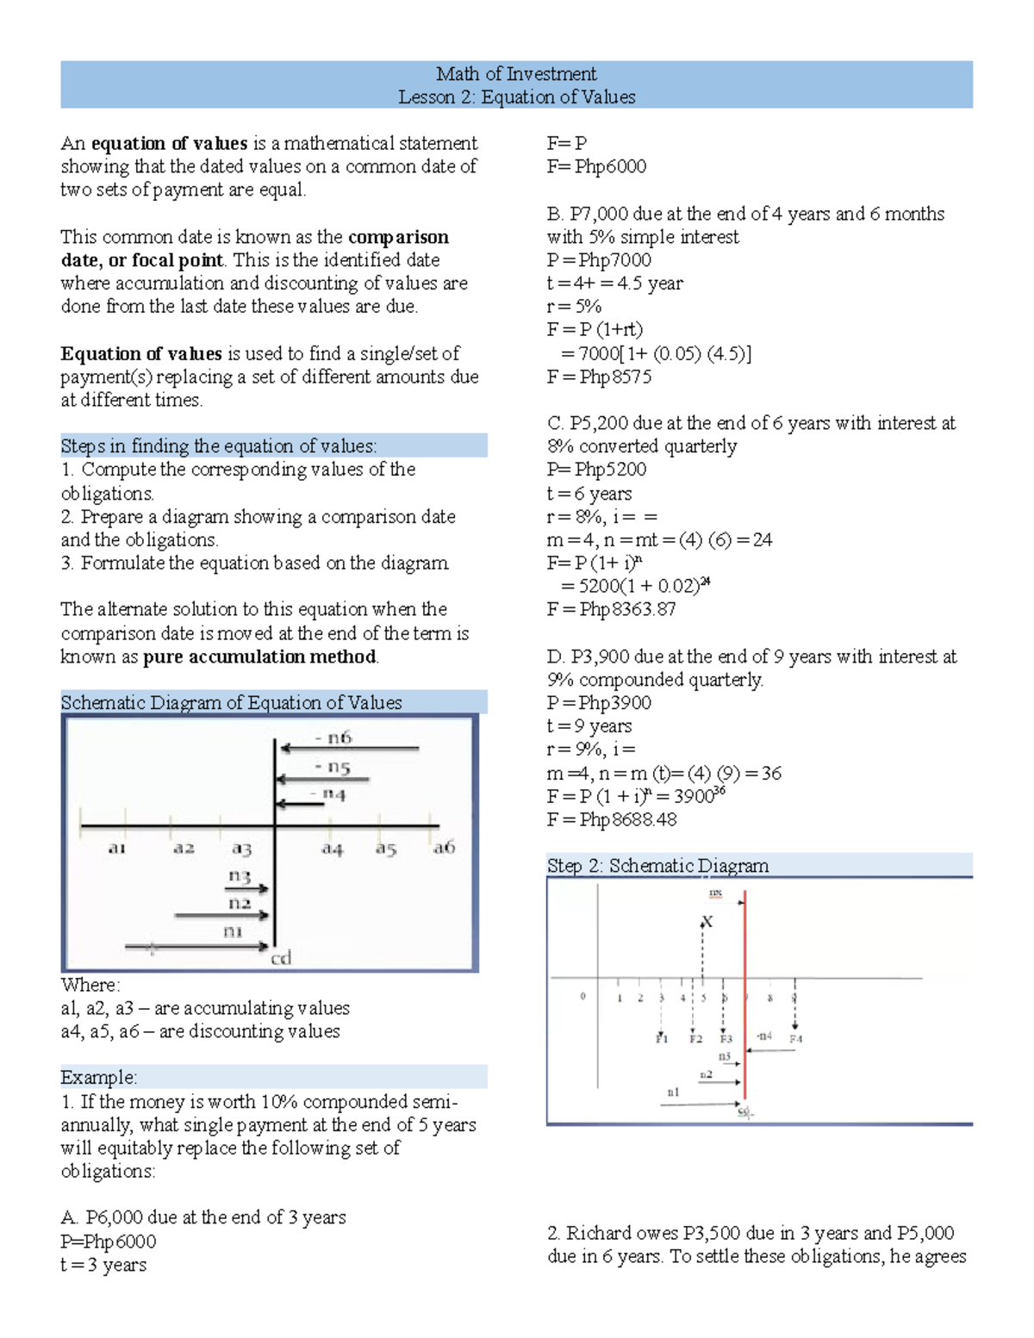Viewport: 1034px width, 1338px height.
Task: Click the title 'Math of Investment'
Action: pyautogui.click(x=515, y=74)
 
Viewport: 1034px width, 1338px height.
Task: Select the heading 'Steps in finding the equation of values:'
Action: pyautogui.click(x=219, y=446)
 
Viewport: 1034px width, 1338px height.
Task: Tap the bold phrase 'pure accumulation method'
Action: pyautogui.click(x=259, y=657)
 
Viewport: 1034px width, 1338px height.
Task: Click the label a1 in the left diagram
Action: pyautogui.click(x=117, y=849)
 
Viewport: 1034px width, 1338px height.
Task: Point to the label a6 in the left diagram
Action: pyautogui.click(x=444, y=848)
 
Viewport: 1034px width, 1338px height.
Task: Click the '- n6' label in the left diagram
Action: pyautogui.click(x=333, y=737)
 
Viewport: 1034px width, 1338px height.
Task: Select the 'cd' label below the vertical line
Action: pyautogui.click(x=282, y=958)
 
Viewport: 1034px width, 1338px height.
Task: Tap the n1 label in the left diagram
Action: pyautogui.click(x=233, y=931)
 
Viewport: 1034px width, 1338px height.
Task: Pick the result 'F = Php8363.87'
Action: pyautogui.click(x=611, y=609)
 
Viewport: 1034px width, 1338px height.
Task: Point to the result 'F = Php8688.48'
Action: pyautogui.click(x=612, y=819)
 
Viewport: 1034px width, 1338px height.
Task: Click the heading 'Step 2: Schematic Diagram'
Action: pyautogui.click(x=657, y=866)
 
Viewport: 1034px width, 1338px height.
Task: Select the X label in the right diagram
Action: pyautogui.click(x=707, y=922)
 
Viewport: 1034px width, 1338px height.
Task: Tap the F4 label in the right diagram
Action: pyautogui.click(x=795, y=1039)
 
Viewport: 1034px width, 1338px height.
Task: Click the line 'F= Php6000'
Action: pyautogui.click(x=596, y=166)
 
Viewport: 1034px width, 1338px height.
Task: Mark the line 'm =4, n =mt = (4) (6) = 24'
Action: pyautogui.click(x=659, y=540)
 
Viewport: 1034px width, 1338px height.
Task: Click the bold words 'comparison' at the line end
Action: pyautogui.click(x=398, y=237)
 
